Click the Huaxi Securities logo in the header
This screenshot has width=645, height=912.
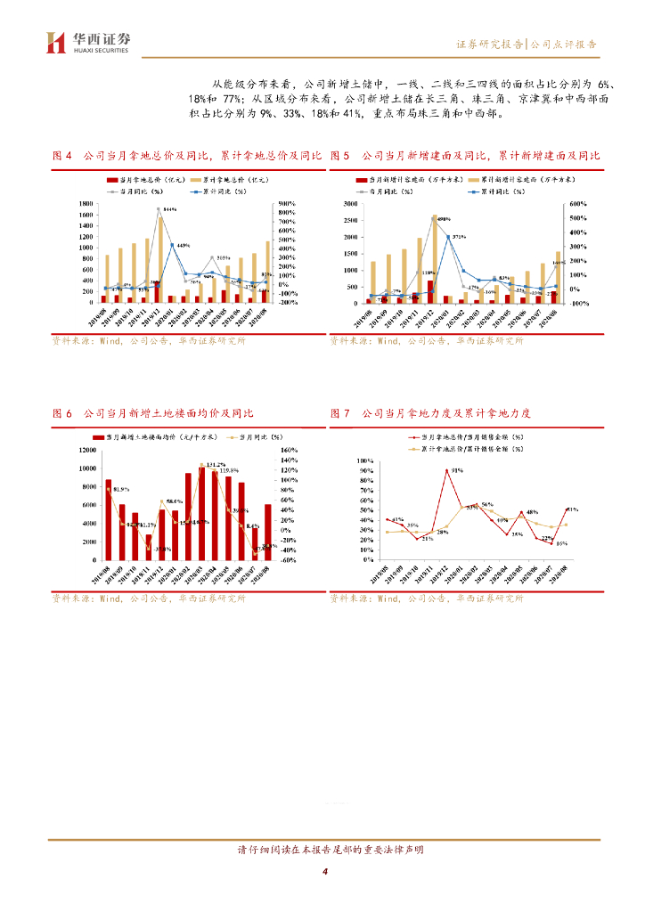click(87, 42)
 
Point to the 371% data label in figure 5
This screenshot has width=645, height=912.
click(459, 236)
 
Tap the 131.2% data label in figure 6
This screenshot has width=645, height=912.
click(215, 465)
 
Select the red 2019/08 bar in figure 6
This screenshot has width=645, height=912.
click(108, 520)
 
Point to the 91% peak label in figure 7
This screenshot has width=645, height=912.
click(457, 469)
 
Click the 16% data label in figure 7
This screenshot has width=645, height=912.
click(561, 542)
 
